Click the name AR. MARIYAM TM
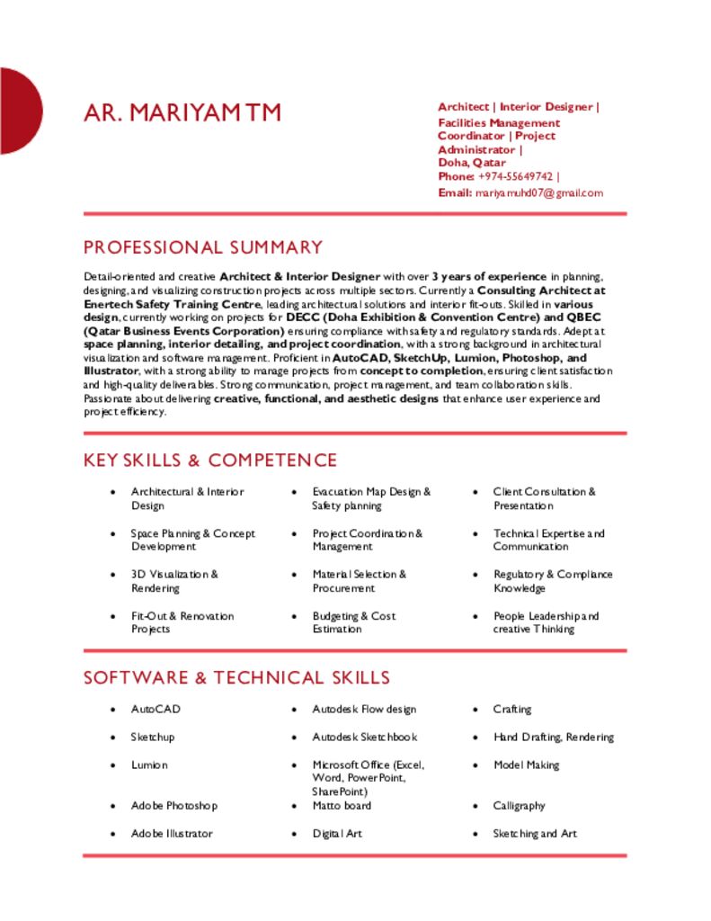coord(182,112)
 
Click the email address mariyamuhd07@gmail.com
coord(539,193)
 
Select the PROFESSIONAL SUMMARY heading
coord(203,247)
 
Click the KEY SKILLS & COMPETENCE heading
coord(210,460)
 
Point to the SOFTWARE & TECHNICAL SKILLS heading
coord(236,678)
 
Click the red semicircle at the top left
coord(18,111)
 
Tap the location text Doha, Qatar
coord(472,163)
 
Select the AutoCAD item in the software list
coord(156,710)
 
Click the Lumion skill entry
coord(149,765)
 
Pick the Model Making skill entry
coord(526,765)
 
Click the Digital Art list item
coord(337,834)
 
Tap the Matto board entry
coord(342,806)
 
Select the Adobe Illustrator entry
coord(172,834)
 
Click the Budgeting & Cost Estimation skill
coord(353,622)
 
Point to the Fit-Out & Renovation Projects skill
coord(182,622)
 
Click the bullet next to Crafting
coord(475,710)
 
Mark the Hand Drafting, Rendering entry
coord(553,738)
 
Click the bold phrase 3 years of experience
coord(489,277)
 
